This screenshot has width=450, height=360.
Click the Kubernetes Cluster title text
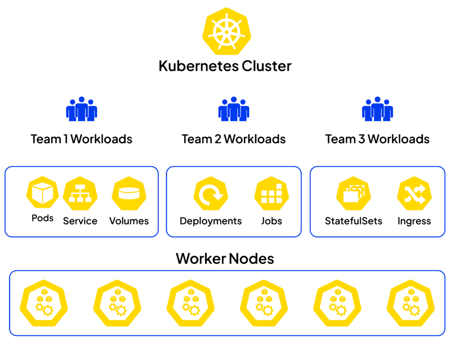[x=225, y=66]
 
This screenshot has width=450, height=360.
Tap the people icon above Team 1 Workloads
[x=81, y=109]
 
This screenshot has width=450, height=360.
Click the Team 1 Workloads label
[x=81, y=139]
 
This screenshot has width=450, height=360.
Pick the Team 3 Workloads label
[x=377, y=139]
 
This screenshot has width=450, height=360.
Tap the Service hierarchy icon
[x=80, y=194]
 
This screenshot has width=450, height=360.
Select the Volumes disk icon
[x=128, y=194]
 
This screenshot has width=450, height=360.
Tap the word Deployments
[x=210, y=221]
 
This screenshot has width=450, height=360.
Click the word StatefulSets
[x=353, y=221]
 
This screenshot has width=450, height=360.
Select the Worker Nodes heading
[x=225, y=258]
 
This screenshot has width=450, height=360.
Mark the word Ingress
[x=414, y=221]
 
